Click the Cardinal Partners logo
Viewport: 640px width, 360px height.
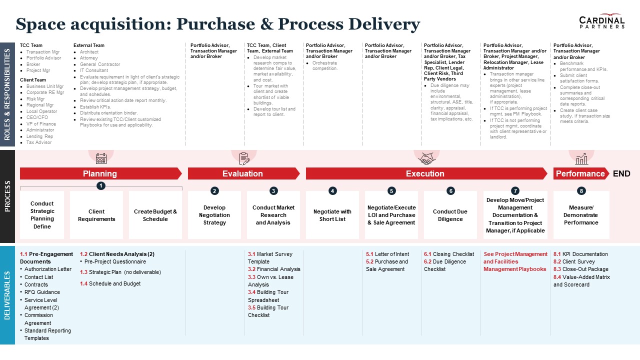click(601, 21)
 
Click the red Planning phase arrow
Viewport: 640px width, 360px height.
click(100, 173)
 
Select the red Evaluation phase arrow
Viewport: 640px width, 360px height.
click(243, 173)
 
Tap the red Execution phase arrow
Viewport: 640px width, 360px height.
click(425, 173)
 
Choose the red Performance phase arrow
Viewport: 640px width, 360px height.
click(580, 173)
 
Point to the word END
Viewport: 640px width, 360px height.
click(621, 173)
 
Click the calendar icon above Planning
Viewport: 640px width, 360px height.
click(101, 158)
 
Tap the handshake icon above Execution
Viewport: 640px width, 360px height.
click(426, 158)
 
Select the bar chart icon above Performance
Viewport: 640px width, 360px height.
click(581, 159)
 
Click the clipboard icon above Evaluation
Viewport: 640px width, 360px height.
click(244, 158)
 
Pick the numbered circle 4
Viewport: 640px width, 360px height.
click(332, 190)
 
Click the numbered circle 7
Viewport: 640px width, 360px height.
click(515, 190)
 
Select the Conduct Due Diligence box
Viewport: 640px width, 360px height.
click(450, 215)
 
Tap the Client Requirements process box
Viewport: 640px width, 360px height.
click(96, 215)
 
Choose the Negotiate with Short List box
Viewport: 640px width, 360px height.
click(332, 215)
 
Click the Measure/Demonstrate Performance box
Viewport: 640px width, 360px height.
click(581, 215)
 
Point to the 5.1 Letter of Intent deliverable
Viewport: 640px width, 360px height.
click(387, 254)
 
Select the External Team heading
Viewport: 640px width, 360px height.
click(89, 45)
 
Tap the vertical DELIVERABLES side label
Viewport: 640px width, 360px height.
click(7, 295)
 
